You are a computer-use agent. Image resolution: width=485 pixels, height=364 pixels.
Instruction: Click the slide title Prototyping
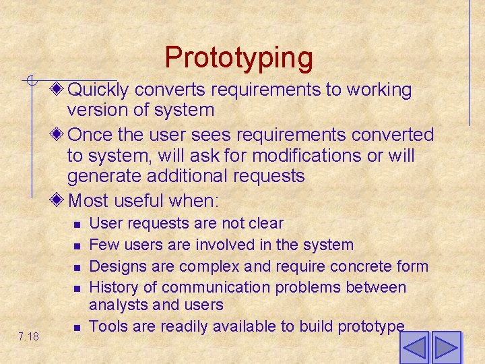tap(239, 57)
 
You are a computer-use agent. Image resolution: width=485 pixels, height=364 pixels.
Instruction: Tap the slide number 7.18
tap(29, 336)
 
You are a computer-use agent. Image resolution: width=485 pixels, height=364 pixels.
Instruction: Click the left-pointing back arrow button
tap(414, 348)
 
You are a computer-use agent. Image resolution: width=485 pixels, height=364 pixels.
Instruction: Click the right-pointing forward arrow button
tap(446, 348)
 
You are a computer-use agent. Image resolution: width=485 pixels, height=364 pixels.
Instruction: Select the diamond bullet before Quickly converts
tap(59, 89)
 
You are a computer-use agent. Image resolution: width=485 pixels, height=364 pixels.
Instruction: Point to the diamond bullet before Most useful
tap(59, 200)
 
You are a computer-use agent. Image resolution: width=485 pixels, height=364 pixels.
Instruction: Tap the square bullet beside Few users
tap(77, 245)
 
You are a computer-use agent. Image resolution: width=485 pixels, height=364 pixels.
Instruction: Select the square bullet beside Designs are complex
tap(77, 267)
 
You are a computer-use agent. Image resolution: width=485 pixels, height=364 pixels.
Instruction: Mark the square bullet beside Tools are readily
tap(77, 328)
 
